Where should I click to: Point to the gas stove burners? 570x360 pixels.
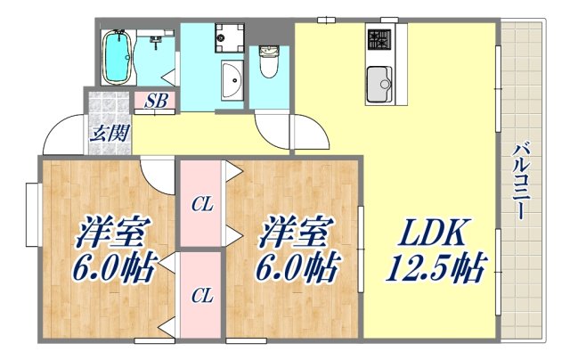point(378,40)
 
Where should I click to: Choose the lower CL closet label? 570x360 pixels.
point(202,296)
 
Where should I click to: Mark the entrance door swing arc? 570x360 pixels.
point(61,135)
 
